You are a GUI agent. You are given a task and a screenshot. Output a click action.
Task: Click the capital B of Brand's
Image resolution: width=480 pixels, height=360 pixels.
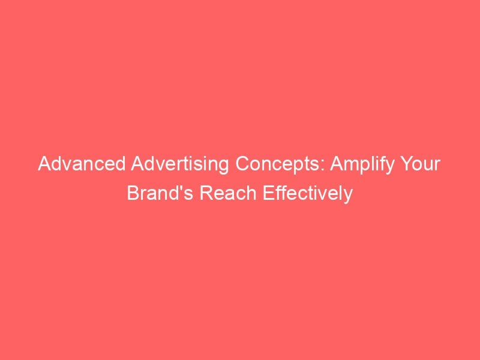[x=133, y=193]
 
